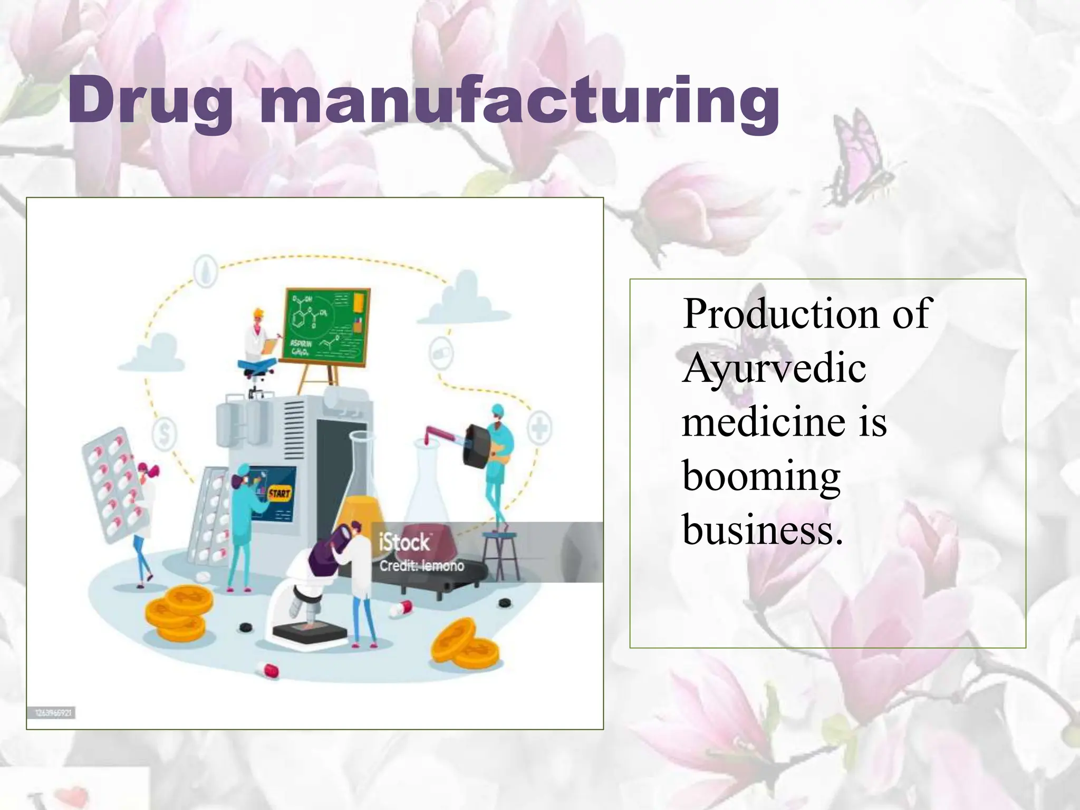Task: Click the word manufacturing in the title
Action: (519, 103)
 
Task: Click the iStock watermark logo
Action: (404, 542)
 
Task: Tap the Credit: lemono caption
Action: (421, 566)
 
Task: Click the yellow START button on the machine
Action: (279, 494)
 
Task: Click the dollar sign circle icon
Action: (164, 434)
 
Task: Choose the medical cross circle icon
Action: (539, 427)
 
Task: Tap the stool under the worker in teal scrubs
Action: (500, 554)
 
